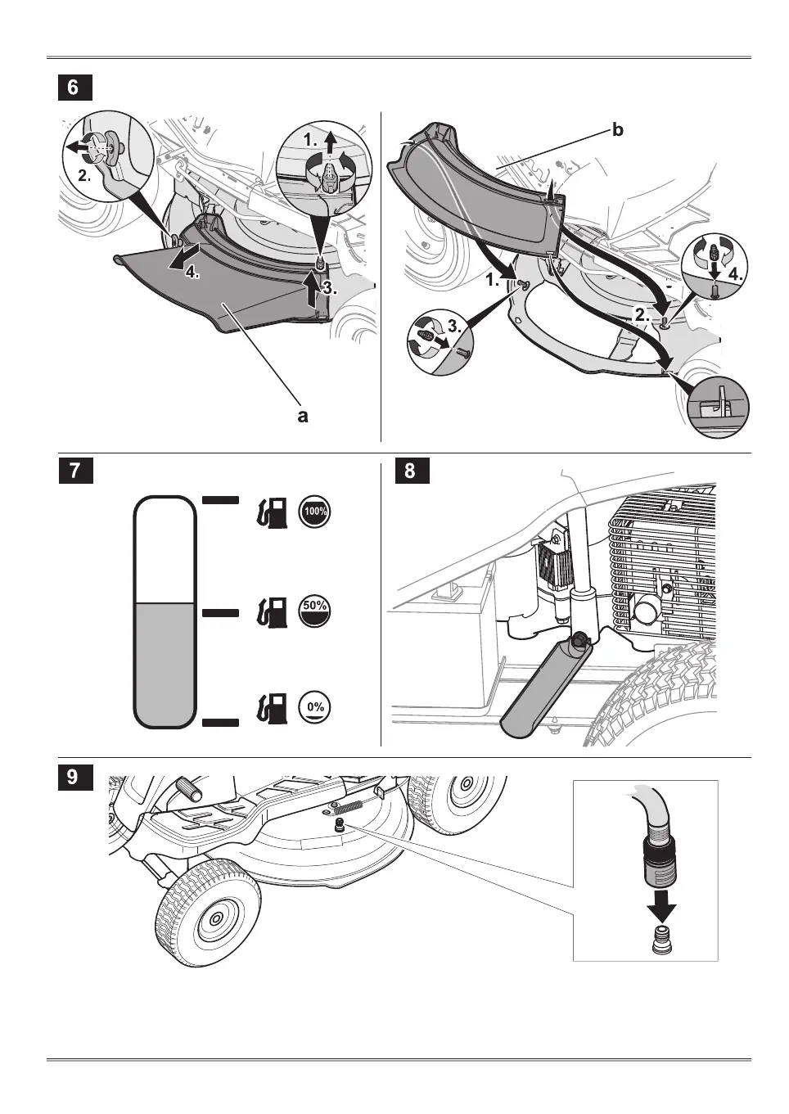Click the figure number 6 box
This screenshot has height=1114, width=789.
(x=73, y=87)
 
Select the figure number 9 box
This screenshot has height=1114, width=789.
(x=73, y=776)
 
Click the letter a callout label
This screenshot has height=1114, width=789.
(x=303, y=416)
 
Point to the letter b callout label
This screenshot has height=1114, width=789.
(x=618, y=130)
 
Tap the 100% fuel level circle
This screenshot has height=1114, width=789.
(x=315, y=512)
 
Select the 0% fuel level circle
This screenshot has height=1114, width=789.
(x=315, y=706)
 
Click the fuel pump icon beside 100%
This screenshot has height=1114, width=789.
(x=273, y=513)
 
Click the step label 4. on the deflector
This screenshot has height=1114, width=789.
(x=192, y=273)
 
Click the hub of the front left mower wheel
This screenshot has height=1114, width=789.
(x=214, y=919)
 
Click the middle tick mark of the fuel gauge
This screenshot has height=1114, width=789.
(x=220, y=612)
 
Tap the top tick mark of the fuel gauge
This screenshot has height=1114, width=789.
(x=220, y=498)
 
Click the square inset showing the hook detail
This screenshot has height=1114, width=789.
(x=718, y=404)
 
